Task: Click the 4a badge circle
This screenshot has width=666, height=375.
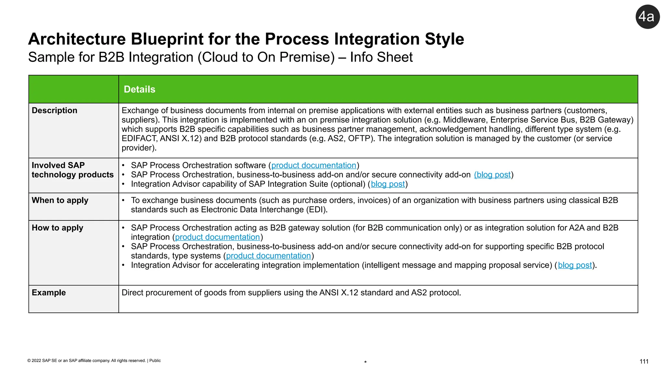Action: click(647, 17)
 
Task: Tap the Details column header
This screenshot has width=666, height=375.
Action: click(140, 89)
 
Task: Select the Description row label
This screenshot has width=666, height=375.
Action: click(55, 110)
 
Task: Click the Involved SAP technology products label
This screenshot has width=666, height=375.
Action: click(72, 170)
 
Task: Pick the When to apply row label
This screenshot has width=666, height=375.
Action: click(60, 200)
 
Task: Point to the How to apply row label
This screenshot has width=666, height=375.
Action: click(58, 228)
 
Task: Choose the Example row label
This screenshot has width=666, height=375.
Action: click(49, 292)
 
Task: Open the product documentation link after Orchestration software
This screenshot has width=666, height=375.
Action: click(313, 165)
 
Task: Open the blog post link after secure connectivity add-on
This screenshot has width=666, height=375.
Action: click(493, 175)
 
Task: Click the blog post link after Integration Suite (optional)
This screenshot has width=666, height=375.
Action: click(388, 184)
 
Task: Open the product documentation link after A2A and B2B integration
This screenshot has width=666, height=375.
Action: click(217, 237)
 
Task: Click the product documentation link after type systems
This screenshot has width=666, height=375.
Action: click(268, 256)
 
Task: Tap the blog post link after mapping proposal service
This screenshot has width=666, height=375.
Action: click(575, 265)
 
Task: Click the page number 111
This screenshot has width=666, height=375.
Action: click(644, 361)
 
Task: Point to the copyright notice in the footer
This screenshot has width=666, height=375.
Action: click(94, 360)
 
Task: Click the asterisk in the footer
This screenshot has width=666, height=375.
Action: click(366, 362)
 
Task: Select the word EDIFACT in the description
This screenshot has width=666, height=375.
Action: click(139, 139)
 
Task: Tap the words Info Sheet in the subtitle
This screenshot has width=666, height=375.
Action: click(381, 57)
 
